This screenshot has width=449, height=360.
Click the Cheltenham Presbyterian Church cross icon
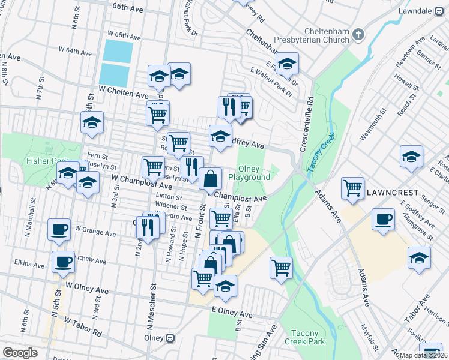point(358,35)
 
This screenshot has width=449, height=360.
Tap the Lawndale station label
point(419,11)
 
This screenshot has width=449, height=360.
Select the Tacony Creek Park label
point(308,337)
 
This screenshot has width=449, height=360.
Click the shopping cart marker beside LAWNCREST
point(352,187)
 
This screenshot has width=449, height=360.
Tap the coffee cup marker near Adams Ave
point(382,219)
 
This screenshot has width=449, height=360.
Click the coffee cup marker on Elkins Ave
point(64,262)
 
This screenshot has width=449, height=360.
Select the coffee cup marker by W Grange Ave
point(59,229)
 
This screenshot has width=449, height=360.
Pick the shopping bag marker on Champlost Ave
point(210,178)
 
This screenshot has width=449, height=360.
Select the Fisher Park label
point(45,161)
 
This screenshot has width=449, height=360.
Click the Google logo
point(20,353)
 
